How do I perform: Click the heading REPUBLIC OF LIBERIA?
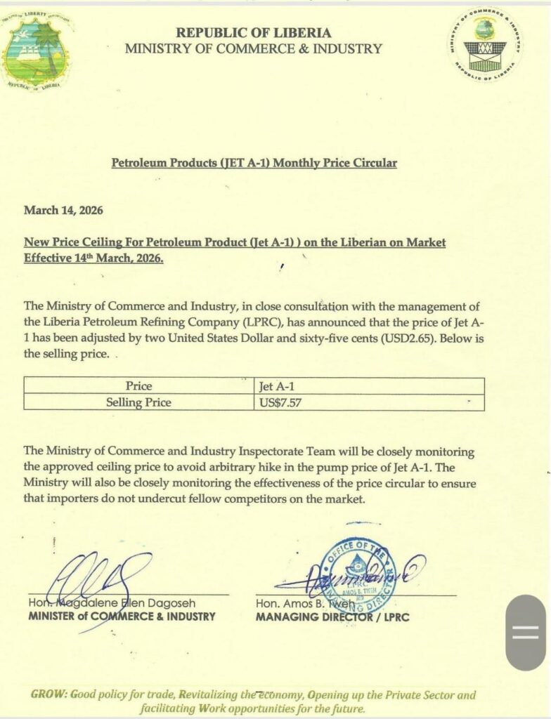[254, 32]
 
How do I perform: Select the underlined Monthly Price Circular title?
[254, 163]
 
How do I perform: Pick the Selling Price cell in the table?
[138, 402]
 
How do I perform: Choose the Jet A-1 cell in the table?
[274, 386]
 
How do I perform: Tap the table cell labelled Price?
[138, 386]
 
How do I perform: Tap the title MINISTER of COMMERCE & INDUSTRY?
[122, 616]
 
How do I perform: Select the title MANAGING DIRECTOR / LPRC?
[332, 617]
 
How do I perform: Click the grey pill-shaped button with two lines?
[525, 632]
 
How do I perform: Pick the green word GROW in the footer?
[48, 694]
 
